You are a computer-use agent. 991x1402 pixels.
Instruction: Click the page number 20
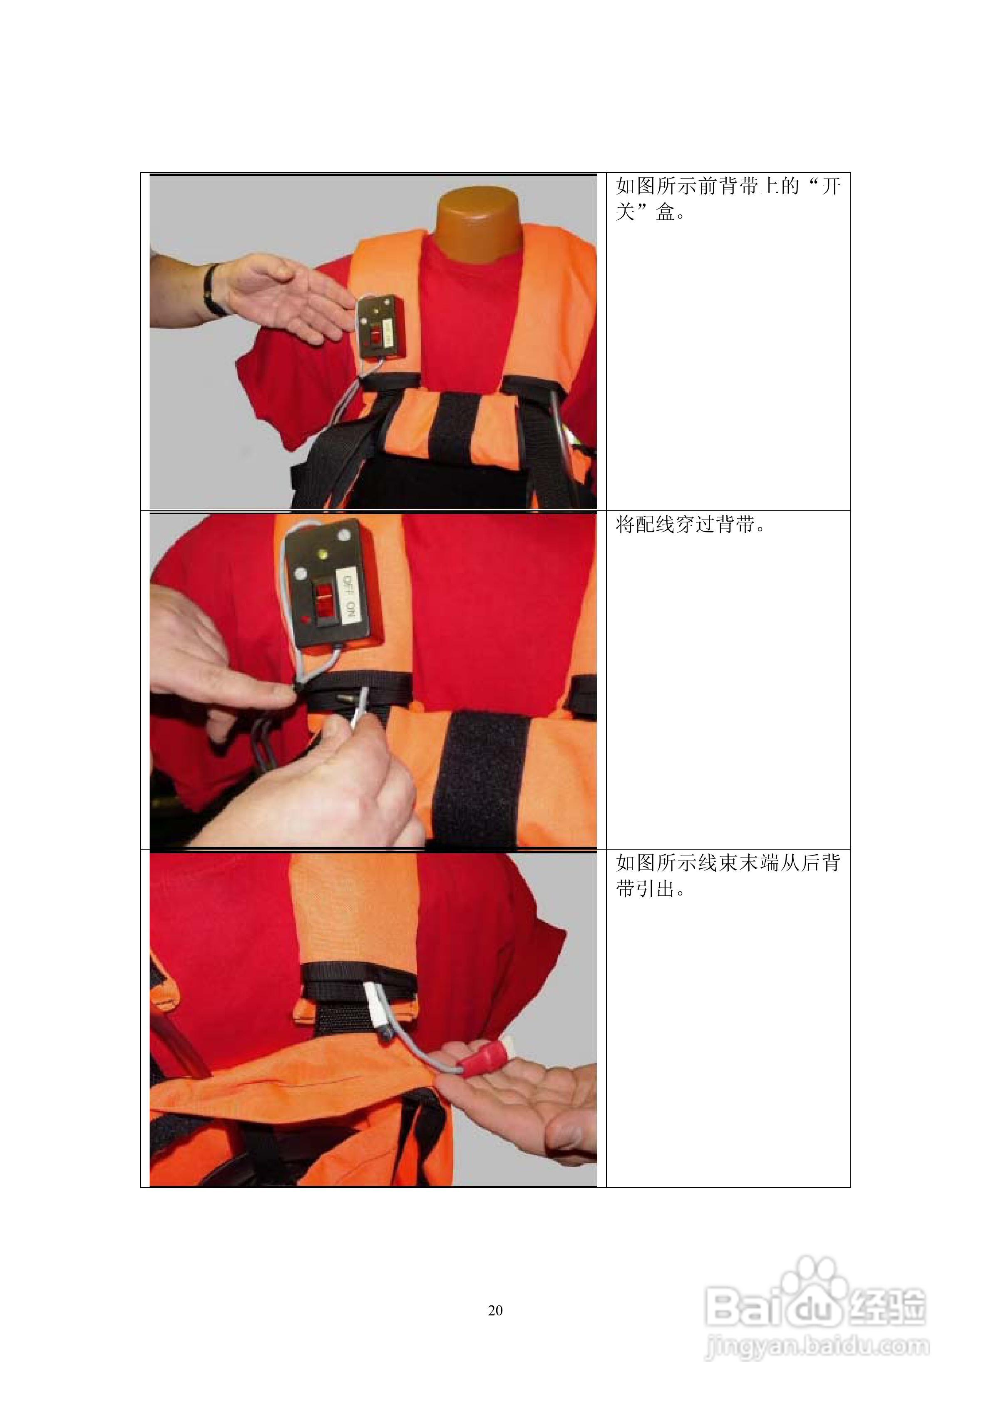[x=495, y=1310]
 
